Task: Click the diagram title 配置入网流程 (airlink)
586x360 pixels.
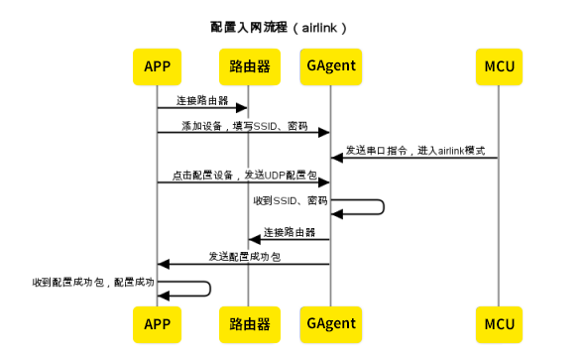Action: pos(280,27)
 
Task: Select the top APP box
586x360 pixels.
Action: pos(158,66)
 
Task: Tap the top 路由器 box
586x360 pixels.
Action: pos(248,66)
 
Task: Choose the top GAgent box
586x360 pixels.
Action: pos(330,66)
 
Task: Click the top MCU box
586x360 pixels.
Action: pos(499,66)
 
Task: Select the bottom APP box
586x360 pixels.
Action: pos(158,323)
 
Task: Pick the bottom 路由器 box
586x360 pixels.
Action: pos(248,323)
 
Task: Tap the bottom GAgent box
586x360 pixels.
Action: pos(330,323)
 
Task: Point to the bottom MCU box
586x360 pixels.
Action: pos(499,323)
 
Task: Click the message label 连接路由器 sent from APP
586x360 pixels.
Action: pos(202,99)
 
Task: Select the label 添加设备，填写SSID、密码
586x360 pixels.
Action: pos(244,125)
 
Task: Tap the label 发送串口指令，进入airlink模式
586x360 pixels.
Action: pos(414,150)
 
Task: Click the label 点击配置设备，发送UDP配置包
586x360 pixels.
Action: pos(244,175)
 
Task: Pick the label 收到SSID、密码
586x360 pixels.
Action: pos(292,199)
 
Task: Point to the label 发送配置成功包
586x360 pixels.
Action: pos(244,255)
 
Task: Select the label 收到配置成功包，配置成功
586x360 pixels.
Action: pos(93,282)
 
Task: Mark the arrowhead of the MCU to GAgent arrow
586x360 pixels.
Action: pos(336,157)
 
